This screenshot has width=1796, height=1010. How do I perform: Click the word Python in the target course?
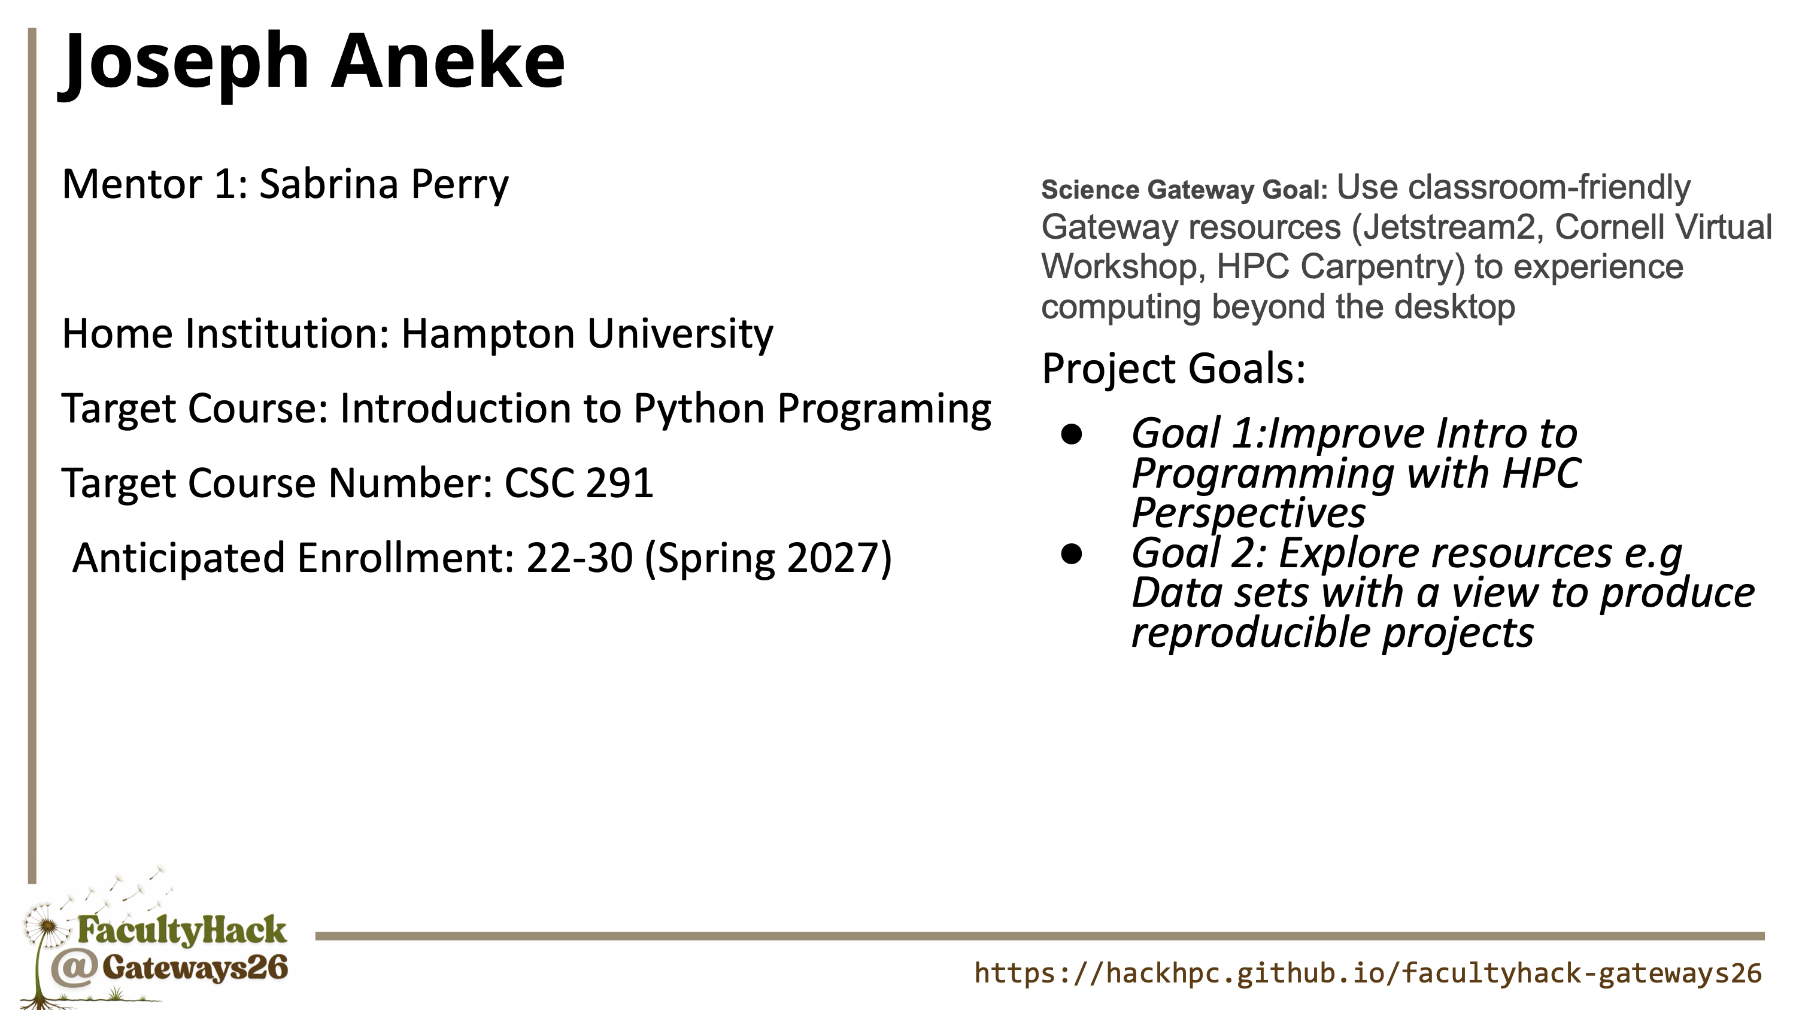click(699, 410)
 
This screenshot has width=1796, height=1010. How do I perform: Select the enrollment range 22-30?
click(580, 558)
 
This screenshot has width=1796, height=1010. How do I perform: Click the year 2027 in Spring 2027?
click(833, 558)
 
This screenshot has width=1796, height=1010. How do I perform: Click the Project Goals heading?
click(1173, 369)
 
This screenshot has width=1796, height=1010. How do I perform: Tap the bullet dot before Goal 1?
click(1072, 434)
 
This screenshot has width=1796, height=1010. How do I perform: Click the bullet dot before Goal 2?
click(1072, 554)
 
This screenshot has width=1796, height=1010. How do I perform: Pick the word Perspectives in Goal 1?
click(1248, 514)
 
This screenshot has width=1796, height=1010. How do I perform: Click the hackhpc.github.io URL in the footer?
click(1368, 973)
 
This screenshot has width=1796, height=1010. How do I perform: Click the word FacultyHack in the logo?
click(182, 931)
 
